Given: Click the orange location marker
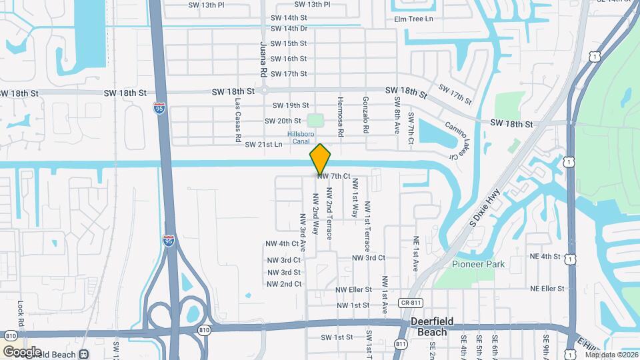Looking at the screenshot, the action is (x=320, y=159).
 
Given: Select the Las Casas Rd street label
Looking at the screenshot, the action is (x=238, y=121).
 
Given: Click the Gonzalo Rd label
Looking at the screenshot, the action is (x=365, y=115).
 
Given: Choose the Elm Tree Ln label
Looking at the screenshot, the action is (x=413, y=19).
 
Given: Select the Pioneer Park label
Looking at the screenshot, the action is (x=478, y=264).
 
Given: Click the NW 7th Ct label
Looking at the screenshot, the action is (x=333, y=176).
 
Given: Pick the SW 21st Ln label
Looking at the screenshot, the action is (x=264, y=144).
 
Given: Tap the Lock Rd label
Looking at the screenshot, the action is (x=21, y=313).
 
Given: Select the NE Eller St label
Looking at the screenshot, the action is (x=547, y=289).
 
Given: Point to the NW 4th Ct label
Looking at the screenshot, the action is (x=282, y=243).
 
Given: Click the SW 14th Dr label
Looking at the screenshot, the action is (x=289, y=29).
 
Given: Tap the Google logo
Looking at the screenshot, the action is (x=21, y=351).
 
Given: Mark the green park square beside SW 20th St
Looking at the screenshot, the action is (x=315, y=121).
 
